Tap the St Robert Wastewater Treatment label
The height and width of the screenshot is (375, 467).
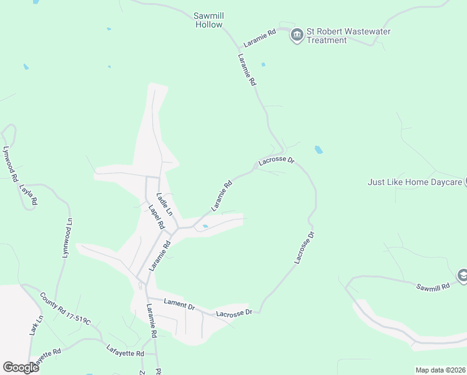pos(327,36)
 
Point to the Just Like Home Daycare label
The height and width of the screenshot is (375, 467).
pos(415,182)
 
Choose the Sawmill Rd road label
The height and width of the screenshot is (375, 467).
pos(433,286)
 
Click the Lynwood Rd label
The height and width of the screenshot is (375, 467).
pos(10,164)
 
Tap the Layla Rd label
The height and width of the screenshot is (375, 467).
pos(29,194)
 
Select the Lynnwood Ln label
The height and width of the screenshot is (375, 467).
pos(67,237)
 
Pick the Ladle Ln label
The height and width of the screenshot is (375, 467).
pos(164,204)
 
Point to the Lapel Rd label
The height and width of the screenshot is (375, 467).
pos(156,216)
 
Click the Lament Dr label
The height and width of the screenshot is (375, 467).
pos(179,304)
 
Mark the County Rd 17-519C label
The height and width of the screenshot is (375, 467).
pos(65,309)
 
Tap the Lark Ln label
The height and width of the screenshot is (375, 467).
pos(36,325)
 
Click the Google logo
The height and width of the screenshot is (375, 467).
pos(21,367)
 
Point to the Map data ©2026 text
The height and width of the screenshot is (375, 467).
pos(440,370)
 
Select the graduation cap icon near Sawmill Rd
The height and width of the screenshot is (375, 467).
pos(463,275)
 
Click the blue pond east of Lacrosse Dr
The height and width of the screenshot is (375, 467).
pos(319,150)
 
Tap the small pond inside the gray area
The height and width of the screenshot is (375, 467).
pos(205,226)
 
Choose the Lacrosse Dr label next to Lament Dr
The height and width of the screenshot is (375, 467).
pos(234,312)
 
